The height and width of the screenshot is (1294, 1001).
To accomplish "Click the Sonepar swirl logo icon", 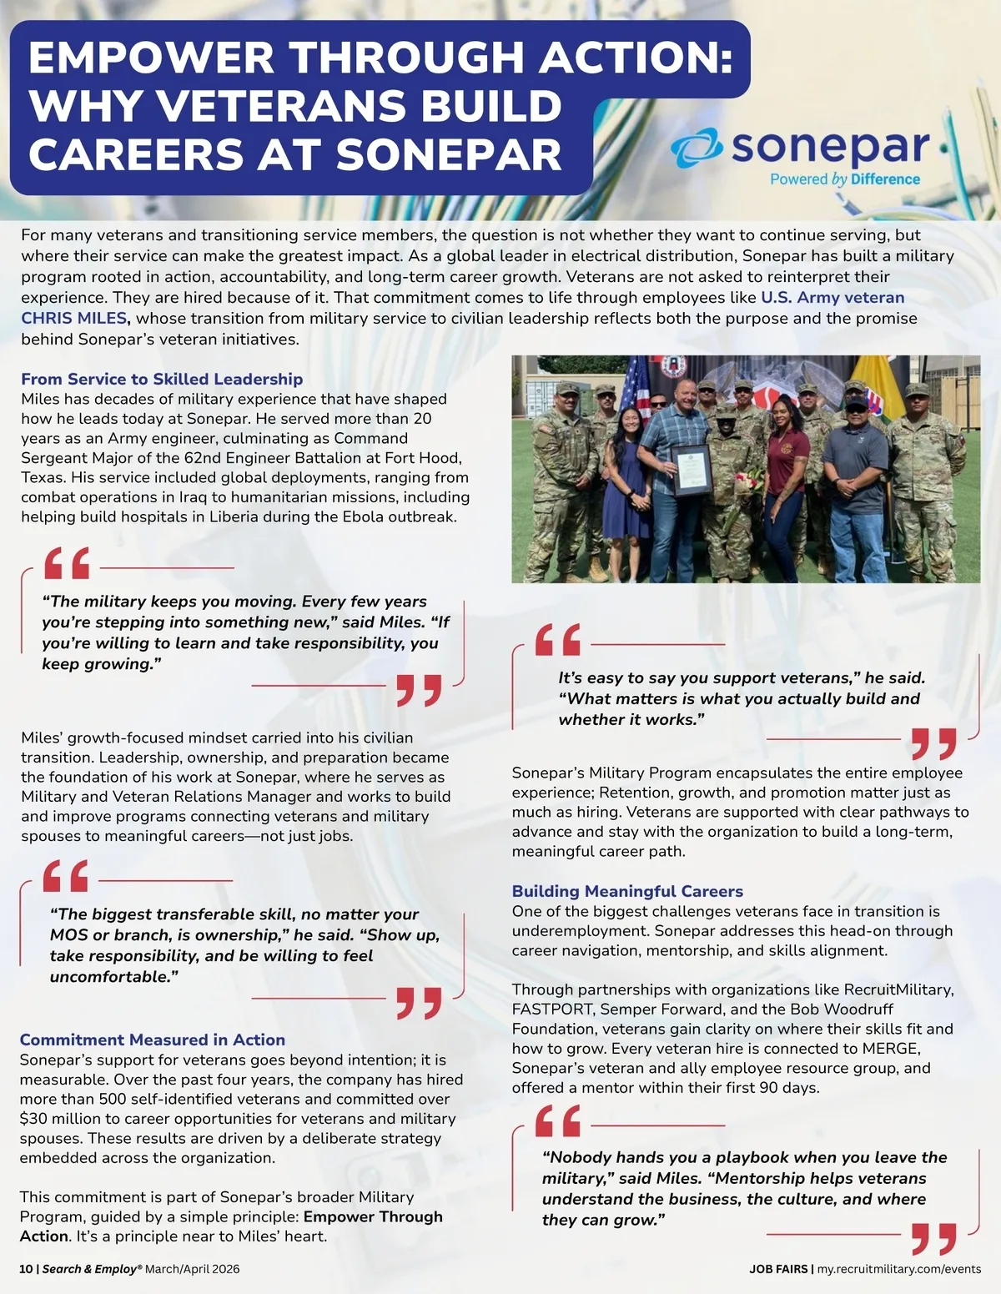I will click(697, 149).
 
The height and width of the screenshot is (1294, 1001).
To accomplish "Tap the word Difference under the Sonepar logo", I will click(885, 179).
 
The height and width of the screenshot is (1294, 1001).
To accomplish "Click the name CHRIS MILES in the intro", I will click(74, 318).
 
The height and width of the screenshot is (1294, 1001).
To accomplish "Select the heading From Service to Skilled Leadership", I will click(162, 379).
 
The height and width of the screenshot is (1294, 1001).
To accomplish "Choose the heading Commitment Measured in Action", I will click(152, 1040).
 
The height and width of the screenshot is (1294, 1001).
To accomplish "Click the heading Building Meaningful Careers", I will click(627, 891).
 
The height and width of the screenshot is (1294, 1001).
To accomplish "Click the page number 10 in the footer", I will click(26, 1269).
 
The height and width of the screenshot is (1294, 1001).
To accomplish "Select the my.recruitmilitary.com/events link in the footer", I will click(899, 1269).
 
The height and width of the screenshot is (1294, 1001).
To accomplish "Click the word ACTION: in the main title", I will click(636, 58).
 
